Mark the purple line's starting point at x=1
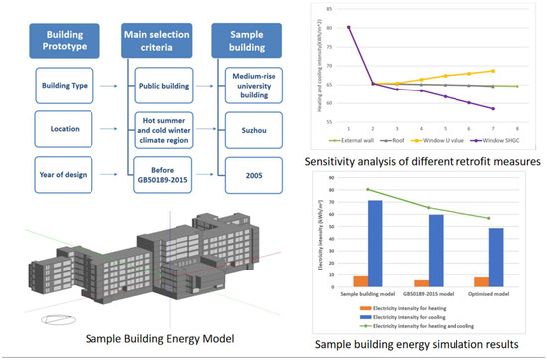(x=349, y=27)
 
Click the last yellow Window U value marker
(x=493, y=71)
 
